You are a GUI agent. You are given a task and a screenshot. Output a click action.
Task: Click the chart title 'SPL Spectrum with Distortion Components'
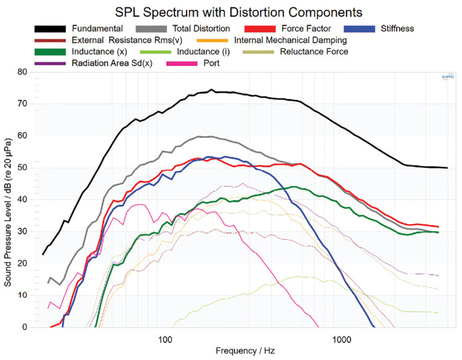coord(231,11)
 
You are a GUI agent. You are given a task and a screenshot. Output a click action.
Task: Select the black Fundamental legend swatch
coord(51,28)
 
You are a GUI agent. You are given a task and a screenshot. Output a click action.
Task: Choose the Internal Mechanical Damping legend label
coord(290,40)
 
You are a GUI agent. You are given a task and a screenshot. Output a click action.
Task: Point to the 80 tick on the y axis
coord(24,72)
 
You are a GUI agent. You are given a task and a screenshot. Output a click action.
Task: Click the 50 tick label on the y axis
coord(24,168)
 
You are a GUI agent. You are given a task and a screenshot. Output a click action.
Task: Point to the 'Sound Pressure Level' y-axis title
coord(8,199)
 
